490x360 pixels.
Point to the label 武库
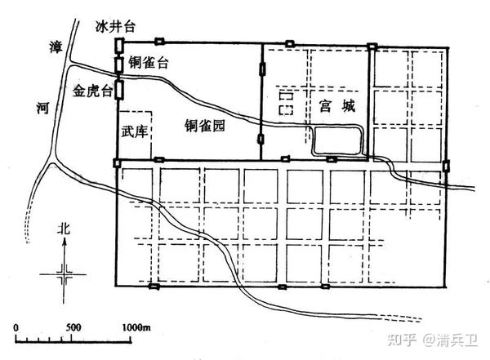coord(135,131)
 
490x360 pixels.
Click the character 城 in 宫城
coord(352,105)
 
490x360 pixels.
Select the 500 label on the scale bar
coord(73,327)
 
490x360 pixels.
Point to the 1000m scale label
coord(138,327)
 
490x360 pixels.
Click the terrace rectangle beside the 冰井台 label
coord(119,46)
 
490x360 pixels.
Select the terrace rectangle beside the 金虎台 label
coord(119,87)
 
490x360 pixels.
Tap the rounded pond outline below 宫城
coord(338,142)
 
